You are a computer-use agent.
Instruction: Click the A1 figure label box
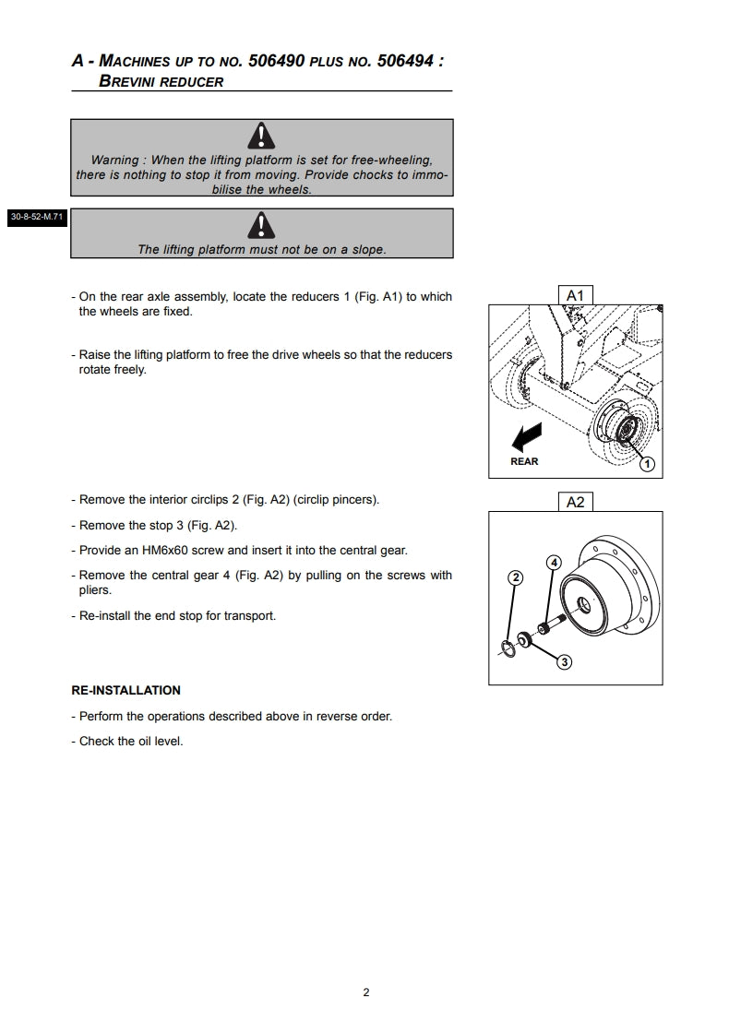[575, 294]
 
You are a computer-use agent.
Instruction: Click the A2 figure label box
[575, 502]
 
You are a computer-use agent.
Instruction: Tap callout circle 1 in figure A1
[647, 464]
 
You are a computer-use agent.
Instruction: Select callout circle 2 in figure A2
[516, 577]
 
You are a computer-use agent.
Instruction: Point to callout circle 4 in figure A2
[554, 562]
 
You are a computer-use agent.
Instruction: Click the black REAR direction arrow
[529, 434]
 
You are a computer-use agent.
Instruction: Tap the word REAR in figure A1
[524, 461]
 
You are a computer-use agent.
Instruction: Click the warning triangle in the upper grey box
[262, 137]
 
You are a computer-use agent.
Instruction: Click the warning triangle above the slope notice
[262, 225]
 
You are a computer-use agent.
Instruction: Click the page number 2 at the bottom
[366, 992]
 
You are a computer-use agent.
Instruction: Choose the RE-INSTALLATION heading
[125, 690]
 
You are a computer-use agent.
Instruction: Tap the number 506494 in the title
[407, 62]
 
